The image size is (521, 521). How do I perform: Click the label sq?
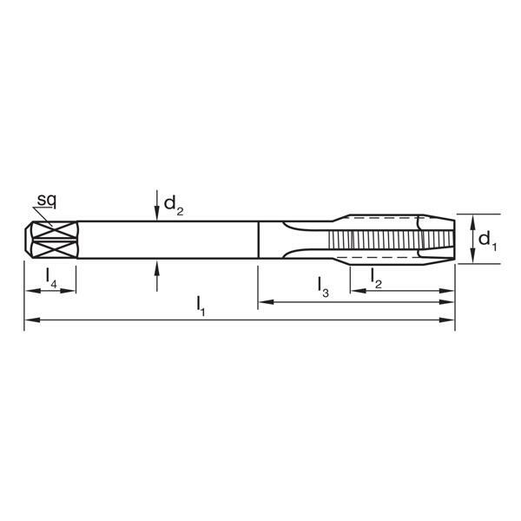pyautogui.click(x=47, y=201)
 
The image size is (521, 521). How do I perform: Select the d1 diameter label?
pyautogui.click(x=487, y=239)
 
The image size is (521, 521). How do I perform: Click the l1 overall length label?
pyautogui.click(x=201, y=305)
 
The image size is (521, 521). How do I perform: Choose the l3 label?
pyautogui.click(x=322, y=287)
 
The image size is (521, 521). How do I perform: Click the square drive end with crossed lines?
pyautogui.click(x=52, y=239)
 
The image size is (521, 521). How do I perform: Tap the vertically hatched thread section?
pyautogui.click(x=373, y=239)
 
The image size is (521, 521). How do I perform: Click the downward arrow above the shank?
pyautogui.click(x=156, y=211)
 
